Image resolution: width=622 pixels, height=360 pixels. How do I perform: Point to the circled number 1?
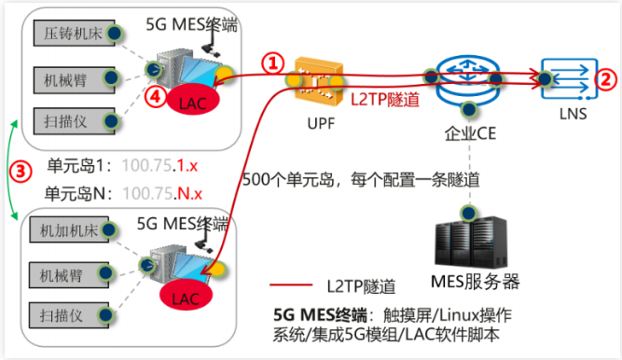click(270, 63)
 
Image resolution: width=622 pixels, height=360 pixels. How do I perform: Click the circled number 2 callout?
click(605, 80)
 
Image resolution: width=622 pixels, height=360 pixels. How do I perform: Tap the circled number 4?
click(159, 95)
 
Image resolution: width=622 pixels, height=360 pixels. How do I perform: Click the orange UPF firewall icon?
click(313, 81)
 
